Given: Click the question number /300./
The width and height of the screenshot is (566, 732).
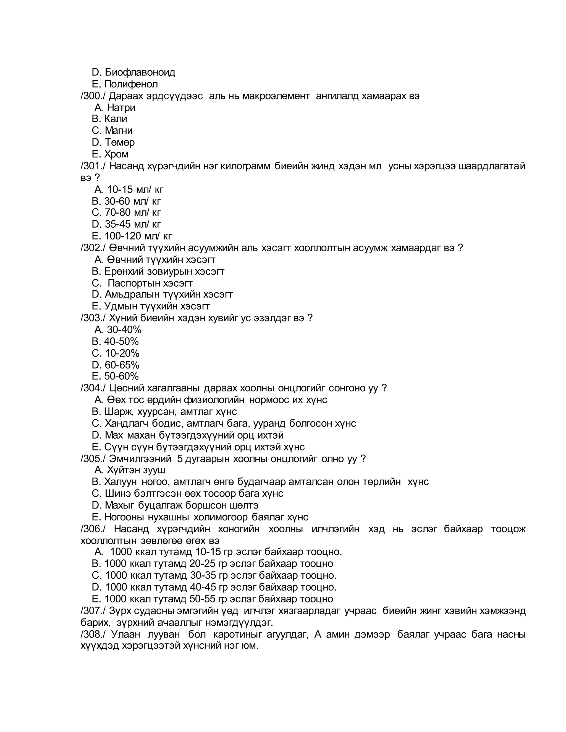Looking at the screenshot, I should pyautogui.click(x=93, y=96).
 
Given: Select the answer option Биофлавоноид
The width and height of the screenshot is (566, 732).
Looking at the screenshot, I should pyautogui.click(x=140, y=72).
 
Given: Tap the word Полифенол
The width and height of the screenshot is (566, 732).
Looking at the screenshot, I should pyautogui.click(x=131, y=84).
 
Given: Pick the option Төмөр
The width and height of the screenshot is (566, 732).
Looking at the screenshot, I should pyautogui.click(x=120, y=143).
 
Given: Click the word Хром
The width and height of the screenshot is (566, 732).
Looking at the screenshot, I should pyautogui.click(x=116, y=154).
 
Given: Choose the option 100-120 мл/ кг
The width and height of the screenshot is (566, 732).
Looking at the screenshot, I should pyautogui.click(x=138, y=236).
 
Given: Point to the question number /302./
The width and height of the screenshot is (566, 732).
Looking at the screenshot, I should pyautogui.click(x=93, y=248).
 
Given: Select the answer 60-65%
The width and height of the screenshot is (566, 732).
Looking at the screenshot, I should pyautogui.click(x=122, y=365).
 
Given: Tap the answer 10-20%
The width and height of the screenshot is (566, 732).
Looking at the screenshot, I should pyautogui.click(x=122, y=353).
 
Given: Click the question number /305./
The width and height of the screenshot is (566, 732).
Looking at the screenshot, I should pyautogui.click(x=93, y=459).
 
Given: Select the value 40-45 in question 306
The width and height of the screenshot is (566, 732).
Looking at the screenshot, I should pyautogui.click(x=203, y=587).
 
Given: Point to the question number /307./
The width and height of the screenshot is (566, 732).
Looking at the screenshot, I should pyautogui.click(x=93, y=610).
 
